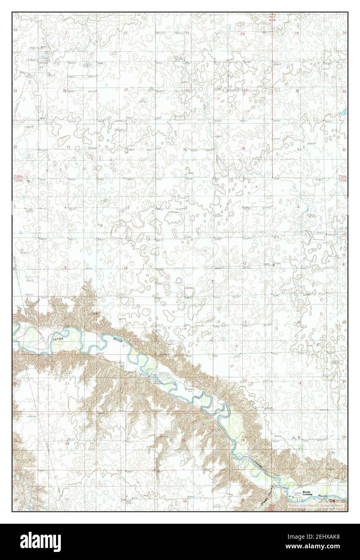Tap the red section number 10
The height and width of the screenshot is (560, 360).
point(125,268)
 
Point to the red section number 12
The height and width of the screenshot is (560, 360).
point(244,263)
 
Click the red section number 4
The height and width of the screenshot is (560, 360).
point(66,207)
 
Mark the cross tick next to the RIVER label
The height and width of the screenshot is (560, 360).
point(123,346)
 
